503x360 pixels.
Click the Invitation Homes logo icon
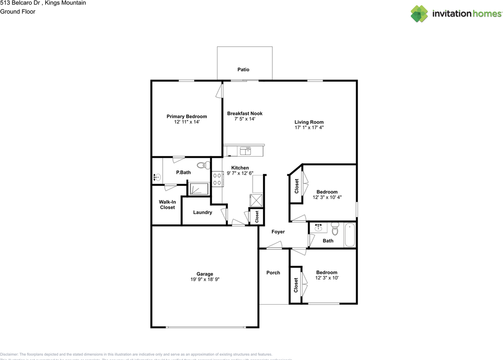(419, 14)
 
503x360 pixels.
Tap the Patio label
(243, 69)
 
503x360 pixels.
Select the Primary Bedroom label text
(187, 116)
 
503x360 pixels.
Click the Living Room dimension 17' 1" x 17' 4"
(309, 128)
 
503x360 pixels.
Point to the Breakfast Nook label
(245, 113)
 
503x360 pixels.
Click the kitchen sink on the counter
(246, 151)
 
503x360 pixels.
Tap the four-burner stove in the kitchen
(217, 179)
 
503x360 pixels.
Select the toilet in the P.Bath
(203, 165)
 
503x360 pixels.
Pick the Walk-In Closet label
(167, 205)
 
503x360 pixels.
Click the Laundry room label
(202, 212)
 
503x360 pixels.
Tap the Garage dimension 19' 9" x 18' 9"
(205, 280)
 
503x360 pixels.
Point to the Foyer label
(278, 232)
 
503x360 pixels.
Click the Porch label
(273, 272)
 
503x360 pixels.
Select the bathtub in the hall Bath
(350, 235)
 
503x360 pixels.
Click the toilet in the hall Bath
(335, 228)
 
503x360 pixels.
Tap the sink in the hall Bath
(319, 228)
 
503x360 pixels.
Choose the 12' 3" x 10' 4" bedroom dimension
(327, 197)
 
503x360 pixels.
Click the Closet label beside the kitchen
(257, 216)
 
